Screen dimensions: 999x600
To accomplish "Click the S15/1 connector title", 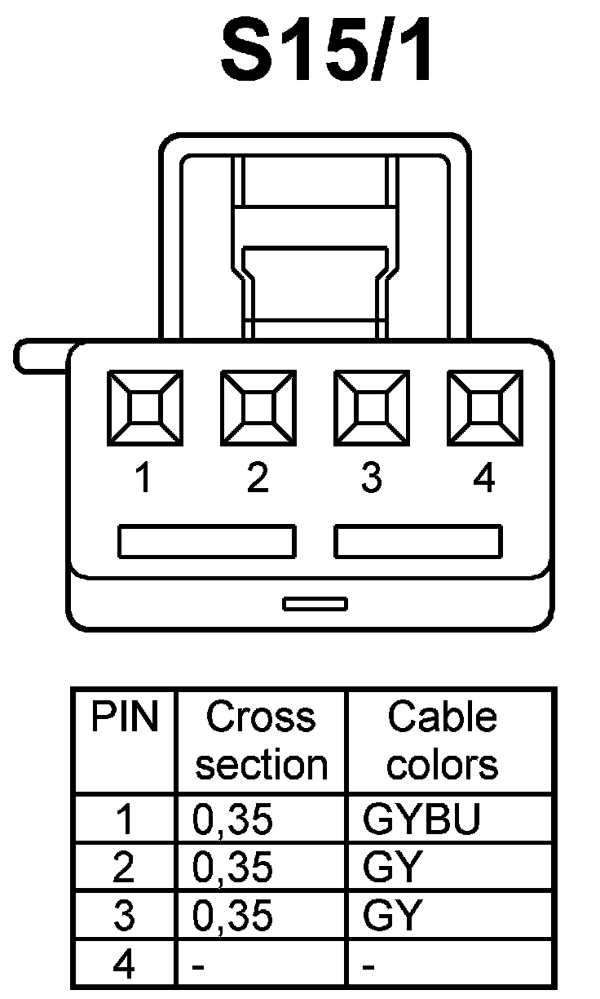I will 328,53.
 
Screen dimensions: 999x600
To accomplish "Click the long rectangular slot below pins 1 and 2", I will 207,542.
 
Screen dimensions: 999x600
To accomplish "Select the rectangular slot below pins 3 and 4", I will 418,542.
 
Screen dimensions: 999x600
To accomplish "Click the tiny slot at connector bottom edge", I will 315,604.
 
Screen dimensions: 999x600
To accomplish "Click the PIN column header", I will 123,717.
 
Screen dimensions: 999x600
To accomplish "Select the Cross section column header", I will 261,741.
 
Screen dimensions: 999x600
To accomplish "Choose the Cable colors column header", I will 442,741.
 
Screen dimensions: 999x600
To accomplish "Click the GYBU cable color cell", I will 421,820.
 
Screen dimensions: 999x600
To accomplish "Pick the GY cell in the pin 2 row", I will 391,868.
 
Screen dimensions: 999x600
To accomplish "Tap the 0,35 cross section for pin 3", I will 232,916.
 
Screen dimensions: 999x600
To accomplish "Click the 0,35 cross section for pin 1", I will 232,820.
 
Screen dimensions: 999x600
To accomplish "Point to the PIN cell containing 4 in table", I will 123,965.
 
